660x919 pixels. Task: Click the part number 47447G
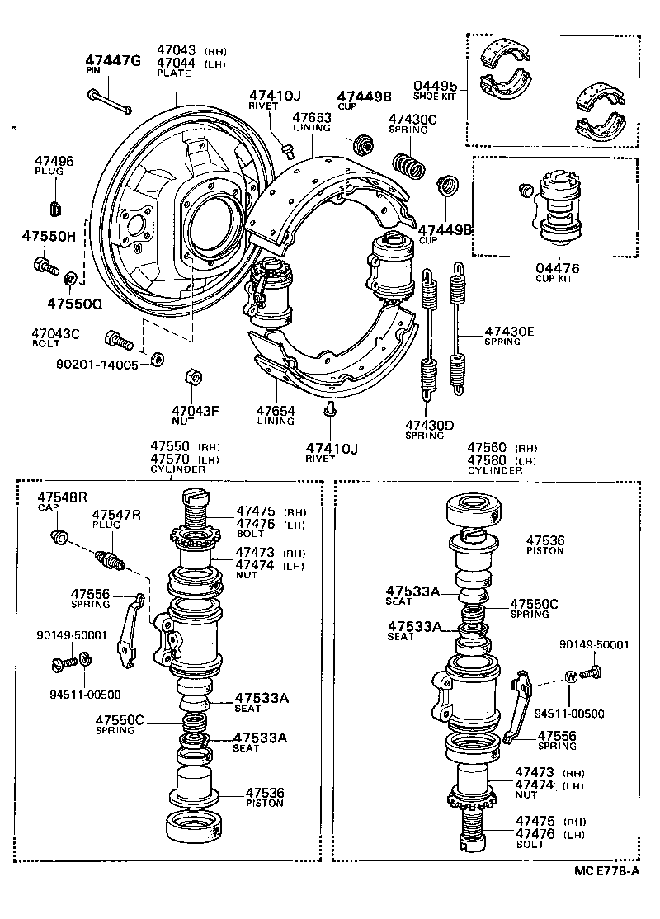113,60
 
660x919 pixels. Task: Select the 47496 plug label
54,161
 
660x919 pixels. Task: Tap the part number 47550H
48,236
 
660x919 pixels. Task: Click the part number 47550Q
73,303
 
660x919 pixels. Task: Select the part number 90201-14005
97,364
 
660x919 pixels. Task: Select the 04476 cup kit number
557,268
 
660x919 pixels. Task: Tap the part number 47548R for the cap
62,497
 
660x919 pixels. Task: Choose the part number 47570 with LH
170,459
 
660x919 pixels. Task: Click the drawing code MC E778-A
607,870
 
